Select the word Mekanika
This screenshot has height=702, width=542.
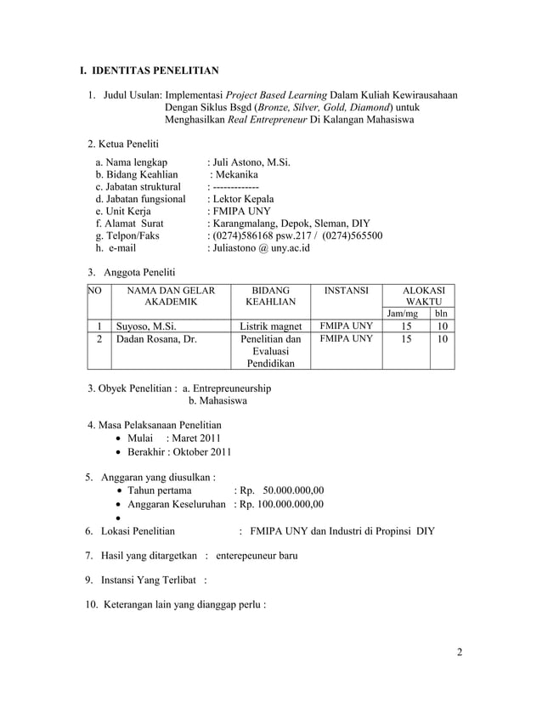241,173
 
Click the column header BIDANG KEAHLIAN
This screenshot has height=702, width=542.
266,296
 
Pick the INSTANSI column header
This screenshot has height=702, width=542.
345,291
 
